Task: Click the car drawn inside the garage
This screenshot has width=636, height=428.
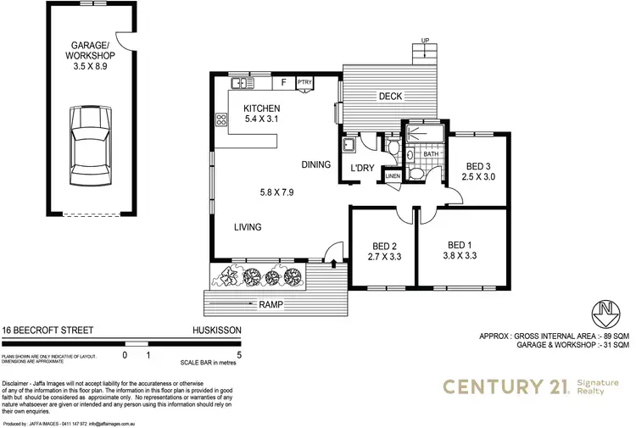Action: (89, 149)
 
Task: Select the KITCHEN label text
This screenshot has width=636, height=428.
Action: (262, 108)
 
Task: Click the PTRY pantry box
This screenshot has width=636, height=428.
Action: (304, 82)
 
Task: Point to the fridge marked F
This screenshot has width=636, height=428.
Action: (284, 82)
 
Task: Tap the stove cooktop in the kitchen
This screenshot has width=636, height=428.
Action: (222, 120)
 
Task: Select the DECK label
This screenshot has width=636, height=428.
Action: (390, 97)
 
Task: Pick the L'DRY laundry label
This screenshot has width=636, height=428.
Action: (363, 167)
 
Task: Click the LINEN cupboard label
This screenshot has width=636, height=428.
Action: (392, 176)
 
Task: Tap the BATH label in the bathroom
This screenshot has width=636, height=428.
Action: (430, 154)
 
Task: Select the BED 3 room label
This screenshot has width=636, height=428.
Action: (478, 166)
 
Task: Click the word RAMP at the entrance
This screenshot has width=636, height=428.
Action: (271, 304)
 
